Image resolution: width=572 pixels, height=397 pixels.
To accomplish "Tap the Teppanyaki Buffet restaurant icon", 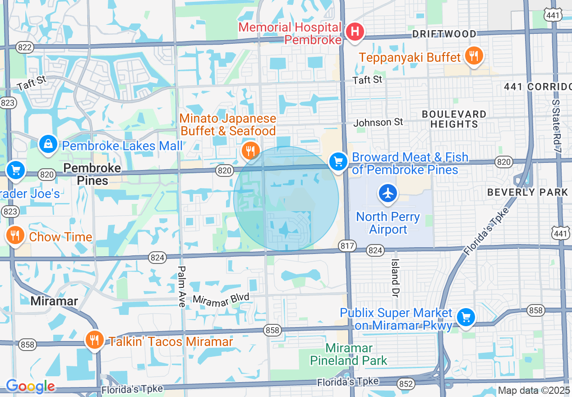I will [473, 56].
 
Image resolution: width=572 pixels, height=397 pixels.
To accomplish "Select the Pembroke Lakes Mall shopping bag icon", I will [48, 144].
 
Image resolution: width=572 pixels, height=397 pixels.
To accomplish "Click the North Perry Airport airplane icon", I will [387, 194].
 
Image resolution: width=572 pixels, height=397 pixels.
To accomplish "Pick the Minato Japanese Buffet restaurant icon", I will [250, 151].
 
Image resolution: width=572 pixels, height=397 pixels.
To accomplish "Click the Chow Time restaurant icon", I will [15, 235].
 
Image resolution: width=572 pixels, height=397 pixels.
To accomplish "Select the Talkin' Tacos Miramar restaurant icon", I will [94, 340].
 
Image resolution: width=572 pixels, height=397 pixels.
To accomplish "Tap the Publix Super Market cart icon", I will [466, 317].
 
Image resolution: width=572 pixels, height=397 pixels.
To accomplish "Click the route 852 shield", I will [406, 383].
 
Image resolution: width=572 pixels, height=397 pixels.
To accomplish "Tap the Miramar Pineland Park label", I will [349, 355].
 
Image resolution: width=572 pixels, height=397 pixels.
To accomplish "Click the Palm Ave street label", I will [181, 286].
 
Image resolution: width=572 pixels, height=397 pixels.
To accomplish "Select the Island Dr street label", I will [395, 274].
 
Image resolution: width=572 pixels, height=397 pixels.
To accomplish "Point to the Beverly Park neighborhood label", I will [527, 192].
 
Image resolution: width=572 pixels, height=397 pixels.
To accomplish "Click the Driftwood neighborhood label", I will [444, 34].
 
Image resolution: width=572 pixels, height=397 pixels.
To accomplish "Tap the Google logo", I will [30, 386].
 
